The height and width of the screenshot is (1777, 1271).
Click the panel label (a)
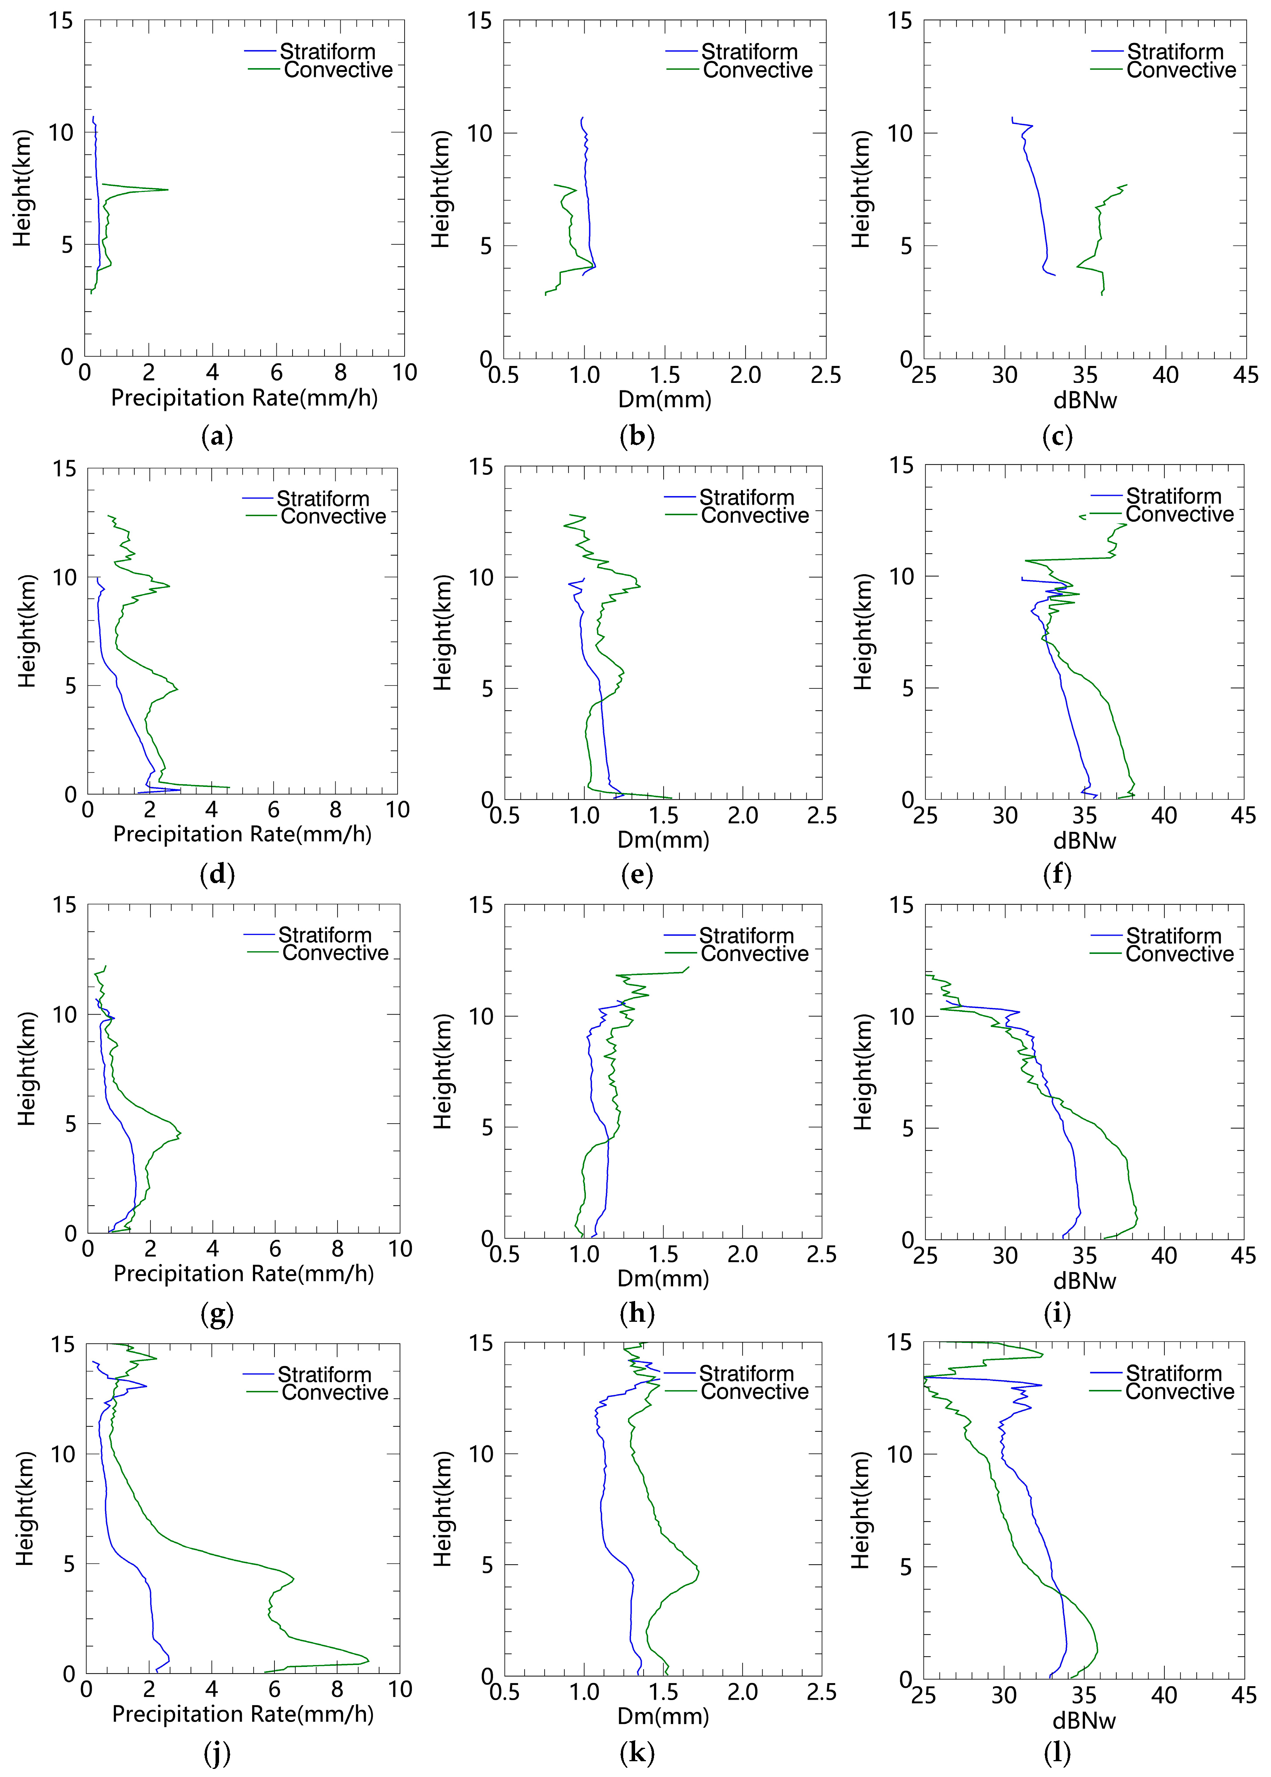tap(217, 436)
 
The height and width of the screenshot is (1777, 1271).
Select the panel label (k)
tap(637, 1754)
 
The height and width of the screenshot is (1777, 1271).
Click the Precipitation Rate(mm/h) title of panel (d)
tap(242, 834)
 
